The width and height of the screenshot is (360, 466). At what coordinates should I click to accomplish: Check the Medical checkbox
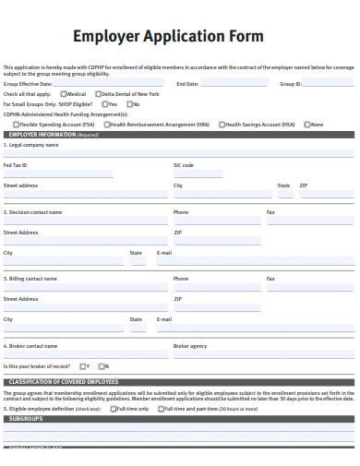pyautogui.click(x=63, y=94)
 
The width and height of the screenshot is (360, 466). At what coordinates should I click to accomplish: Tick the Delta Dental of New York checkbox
pyautogui.click(x=97, y=94)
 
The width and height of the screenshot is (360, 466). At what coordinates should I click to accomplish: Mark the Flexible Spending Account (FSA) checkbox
pyautogui.click(x=16, y=124)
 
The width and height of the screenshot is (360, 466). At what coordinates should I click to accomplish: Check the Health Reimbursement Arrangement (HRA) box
pyautogui.click(x=107, y=124)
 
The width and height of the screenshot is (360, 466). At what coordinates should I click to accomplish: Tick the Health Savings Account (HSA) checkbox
pyautogui.click(x=221, y=124)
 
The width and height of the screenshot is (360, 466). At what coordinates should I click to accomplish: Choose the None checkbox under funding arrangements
pyautogui.click(x=308, y=124)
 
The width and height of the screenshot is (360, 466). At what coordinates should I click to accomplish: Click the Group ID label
pyautogui.click(x=291, y=84)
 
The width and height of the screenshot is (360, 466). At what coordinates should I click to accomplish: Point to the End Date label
pyautogui.click(x=187, y=84)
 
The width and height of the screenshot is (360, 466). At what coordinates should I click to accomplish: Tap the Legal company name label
pyautogui.click(x=33, y=145)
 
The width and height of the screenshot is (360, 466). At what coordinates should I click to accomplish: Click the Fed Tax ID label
pyautogui.click(x=16, y=165)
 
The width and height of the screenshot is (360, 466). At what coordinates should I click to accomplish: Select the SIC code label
pyautogui.click(x=184, y=165)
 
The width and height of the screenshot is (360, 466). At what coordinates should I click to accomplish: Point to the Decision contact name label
pyautogui.click(x=35, y=212)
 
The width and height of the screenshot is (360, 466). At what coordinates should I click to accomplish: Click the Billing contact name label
pyautogui.click(x=32, y=278)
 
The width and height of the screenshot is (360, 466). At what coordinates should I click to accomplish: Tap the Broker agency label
pyautogui.click(x=190, y=346)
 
